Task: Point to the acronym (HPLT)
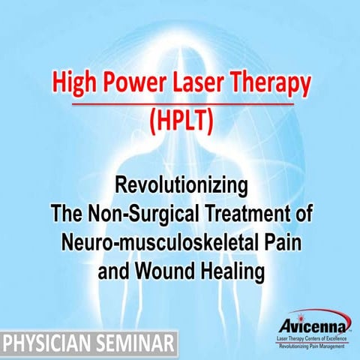pos(180,121)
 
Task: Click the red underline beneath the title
pos(180,103)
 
